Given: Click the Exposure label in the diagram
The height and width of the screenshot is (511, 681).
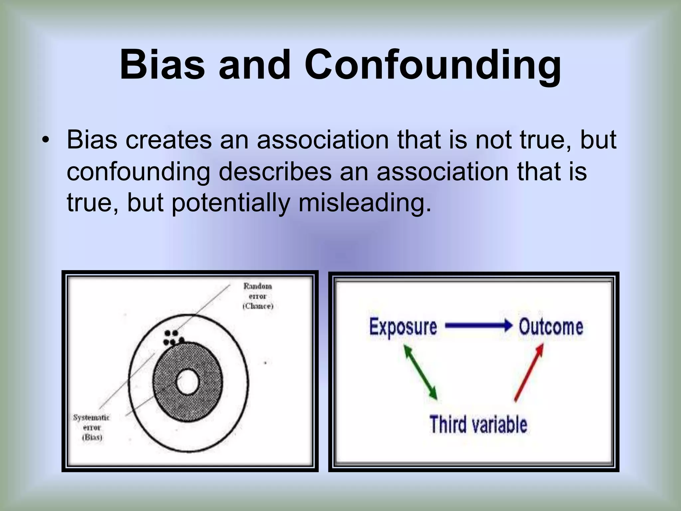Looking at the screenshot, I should point(403,326).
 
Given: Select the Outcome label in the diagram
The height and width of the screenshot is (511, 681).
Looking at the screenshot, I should point(551,326).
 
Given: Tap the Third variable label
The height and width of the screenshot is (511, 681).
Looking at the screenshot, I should point(478,425).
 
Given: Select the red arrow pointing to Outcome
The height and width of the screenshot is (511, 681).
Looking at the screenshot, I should point(529,373).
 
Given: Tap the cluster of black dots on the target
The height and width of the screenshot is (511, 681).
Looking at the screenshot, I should point(173,337).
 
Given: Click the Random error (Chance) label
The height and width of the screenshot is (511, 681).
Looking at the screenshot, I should point(258,296).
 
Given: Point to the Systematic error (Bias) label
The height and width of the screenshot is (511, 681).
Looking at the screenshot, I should point(91,427).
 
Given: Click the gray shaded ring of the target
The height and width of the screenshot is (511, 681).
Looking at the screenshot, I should point(163,383).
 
